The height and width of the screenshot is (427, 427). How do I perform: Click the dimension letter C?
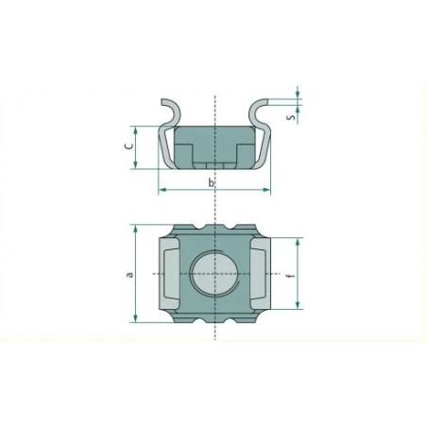point(129,145)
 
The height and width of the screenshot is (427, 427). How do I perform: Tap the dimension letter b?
point(211,182)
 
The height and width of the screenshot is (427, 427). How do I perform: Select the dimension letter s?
point(292,117)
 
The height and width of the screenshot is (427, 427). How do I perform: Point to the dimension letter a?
point(129,274)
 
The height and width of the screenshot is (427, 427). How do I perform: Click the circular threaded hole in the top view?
point(214,273)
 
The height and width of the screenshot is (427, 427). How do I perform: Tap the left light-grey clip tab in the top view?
point(169,273)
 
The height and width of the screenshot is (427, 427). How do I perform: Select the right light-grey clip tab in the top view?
point(261,273)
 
